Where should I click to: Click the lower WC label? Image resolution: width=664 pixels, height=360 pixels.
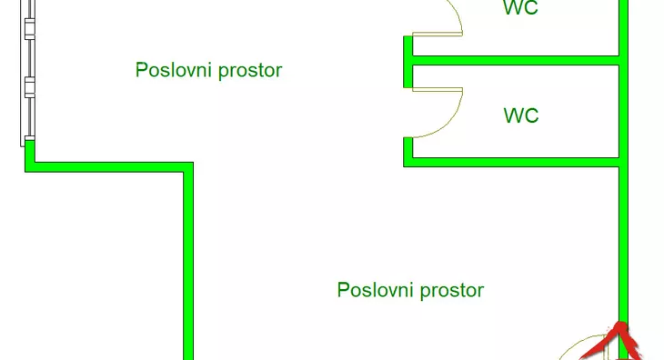(521, 115)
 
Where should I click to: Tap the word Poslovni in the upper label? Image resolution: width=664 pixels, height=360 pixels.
(174, 70)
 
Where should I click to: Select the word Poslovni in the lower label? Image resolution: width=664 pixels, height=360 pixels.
(376, 290)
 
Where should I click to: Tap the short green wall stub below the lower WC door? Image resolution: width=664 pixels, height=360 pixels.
(408, 150)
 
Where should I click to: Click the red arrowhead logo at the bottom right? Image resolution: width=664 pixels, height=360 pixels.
(611, 344)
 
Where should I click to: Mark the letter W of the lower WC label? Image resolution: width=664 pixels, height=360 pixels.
(511, 115)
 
